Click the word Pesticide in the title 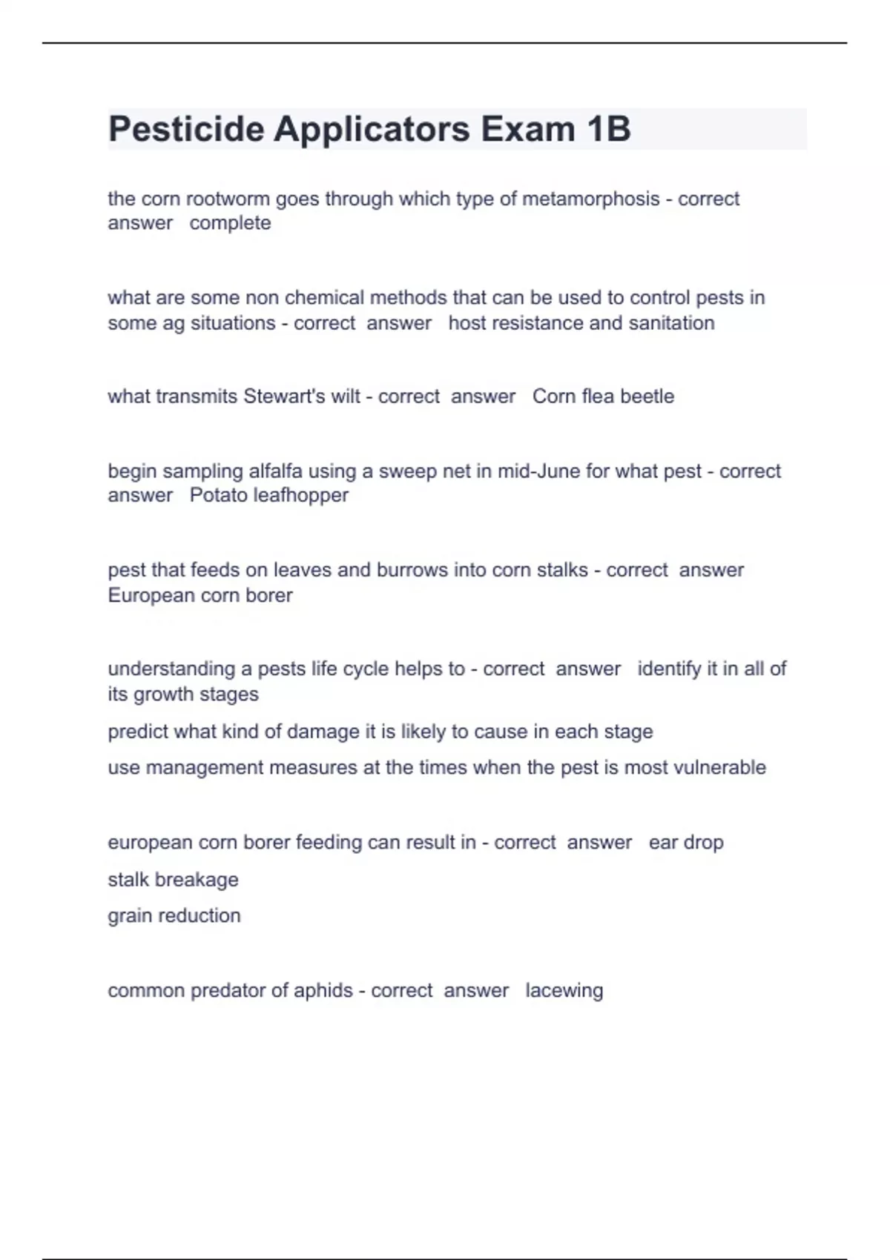tap(186, 129)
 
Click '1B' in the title tap(608, 129)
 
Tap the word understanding tap(171, 669)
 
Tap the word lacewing tap(564, 991)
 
